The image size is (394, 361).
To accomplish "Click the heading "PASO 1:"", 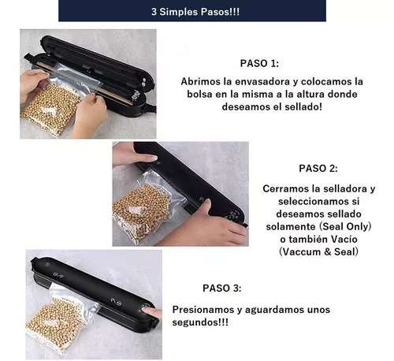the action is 259,63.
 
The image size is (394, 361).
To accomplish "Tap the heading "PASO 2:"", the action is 318,168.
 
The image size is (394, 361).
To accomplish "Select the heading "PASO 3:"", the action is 221,288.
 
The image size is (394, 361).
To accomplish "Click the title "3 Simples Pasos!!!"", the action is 195,12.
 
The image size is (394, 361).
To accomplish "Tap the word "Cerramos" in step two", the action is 286,188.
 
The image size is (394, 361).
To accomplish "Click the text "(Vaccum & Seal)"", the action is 318,251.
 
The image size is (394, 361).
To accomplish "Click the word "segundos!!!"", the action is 200,322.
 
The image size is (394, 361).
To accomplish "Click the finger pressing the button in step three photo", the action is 152,312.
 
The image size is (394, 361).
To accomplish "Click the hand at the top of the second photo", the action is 134,154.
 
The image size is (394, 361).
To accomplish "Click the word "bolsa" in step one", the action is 199,94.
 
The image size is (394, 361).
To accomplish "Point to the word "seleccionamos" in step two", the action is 311,202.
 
